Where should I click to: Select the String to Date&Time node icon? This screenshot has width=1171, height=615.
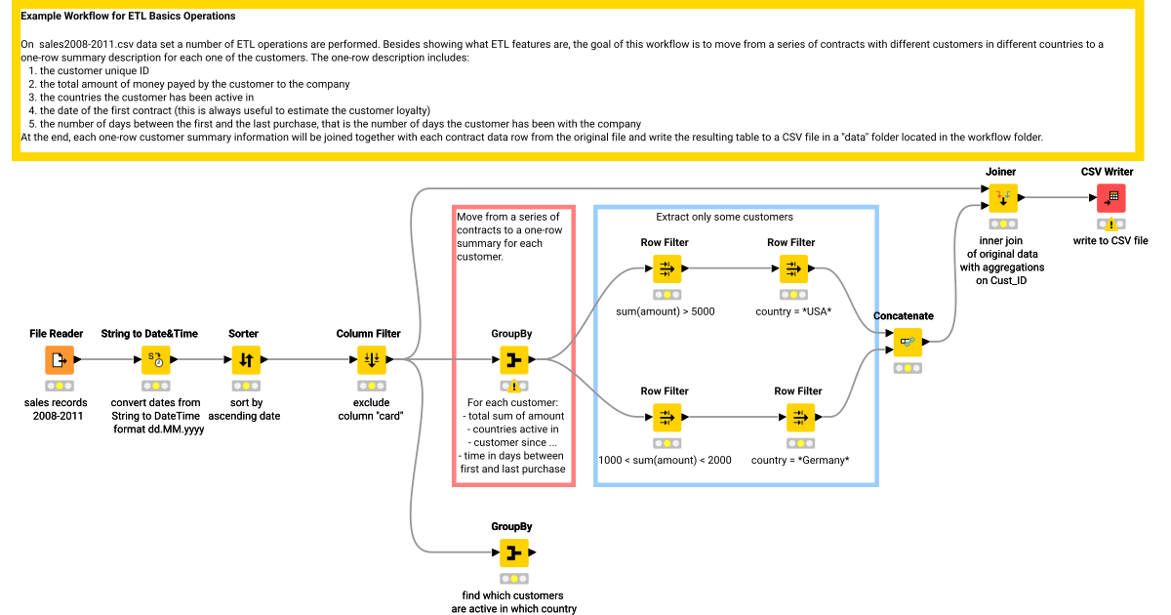click(x=156, y=360)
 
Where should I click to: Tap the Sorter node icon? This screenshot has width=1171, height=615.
click(x=246, y=360)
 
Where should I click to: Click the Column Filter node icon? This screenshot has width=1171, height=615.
click(x=372, y=360)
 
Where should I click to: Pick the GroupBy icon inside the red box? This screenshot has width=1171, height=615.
click(x=513, y=360)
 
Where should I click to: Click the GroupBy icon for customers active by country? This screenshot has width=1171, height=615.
click(x=513, y=553)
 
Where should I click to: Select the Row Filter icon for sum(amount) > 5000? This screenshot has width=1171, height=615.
click(x=666, y=268)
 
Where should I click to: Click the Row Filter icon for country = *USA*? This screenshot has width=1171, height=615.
click(x=792, y=268)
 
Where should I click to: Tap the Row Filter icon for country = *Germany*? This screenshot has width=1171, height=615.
click(x=800, y=418)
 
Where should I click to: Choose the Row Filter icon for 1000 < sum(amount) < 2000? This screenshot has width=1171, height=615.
click(x=666, y=418)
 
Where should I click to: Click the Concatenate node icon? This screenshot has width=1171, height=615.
click(x=908, y=343)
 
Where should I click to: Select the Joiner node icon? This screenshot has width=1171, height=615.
click(x=1002, y=199)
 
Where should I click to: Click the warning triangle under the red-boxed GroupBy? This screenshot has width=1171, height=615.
click(x=513, y=387)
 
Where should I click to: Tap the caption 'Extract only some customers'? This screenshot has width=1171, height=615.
click(x=724, y=217)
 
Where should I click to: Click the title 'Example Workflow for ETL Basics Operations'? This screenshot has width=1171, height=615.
click(x=128, y=17)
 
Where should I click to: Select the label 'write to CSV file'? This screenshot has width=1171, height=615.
click(x=1110, y=240)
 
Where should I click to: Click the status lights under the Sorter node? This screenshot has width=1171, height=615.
click(x=246, y=386)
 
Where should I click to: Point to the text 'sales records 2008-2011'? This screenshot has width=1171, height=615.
click(x=56, y=409)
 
